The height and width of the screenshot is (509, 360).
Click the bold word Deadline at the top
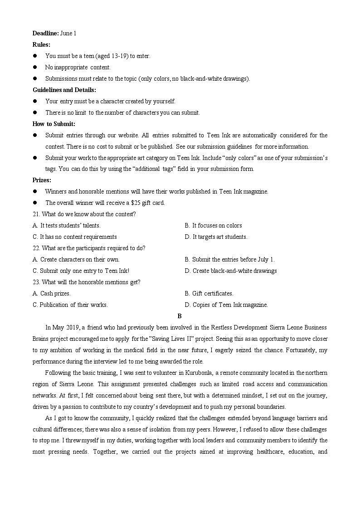[x=45, y=33]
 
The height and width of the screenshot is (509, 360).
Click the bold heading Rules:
[x=41, y=44]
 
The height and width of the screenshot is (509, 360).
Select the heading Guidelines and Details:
[x=64, y=90]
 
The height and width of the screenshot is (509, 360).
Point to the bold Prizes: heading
[x=42, y=180]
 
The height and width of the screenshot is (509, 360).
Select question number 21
[x=36, y=214]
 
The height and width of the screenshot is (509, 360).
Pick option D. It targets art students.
[x=216, y=237]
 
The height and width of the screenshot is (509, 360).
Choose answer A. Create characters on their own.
[x=76, y=259]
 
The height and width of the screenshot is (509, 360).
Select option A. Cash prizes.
[x=52, y=293]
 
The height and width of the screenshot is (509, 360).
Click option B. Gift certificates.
[x=209, y=293]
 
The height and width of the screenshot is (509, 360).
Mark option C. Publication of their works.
[x=70, y=305]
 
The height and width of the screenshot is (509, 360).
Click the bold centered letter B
[x=180, y=316]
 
